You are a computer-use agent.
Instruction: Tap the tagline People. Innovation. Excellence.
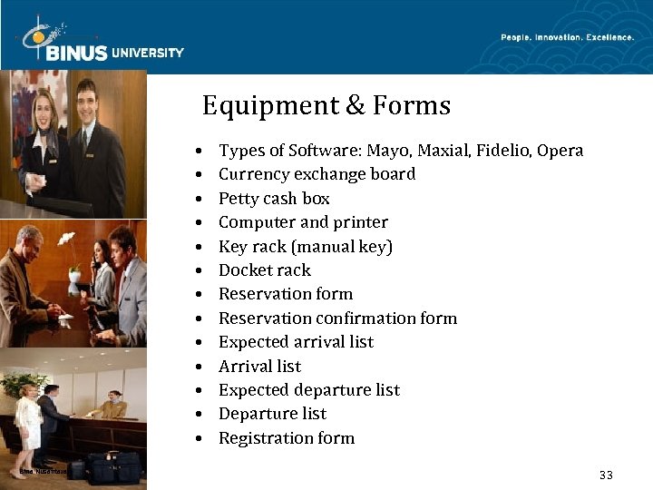point(567,37)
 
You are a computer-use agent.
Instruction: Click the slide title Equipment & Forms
point(326,106)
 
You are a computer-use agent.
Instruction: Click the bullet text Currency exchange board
point(317,174)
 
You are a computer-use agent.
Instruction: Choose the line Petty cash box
point(274,199)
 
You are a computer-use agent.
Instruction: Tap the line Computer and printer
point(303,222)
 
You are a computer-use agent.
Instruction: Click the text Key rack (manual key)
point(306,247)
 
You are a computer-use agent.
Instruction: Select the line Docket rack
point(265,270)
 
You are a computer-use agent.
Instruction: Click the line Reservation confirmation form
point(337,318)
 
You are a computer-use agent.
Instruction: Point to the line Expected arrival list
point(296,342)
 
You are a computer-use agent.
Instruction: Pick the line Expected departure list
point(308,390)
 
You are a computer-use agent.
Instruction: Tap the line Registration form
point(287,438)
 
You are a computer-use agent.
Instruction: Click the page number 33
point(607,475)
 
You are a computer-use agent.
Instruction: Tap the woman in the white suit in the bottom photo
point(28,422)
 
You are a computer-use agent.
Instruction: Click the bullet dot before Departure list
point(197,415)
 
